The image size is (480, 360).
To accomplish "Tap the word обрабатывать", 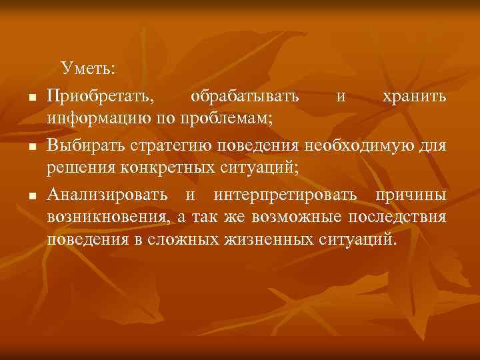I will (x=245, y=97).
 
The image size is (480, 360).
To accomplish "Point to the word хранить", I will (x=414, y=97).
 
